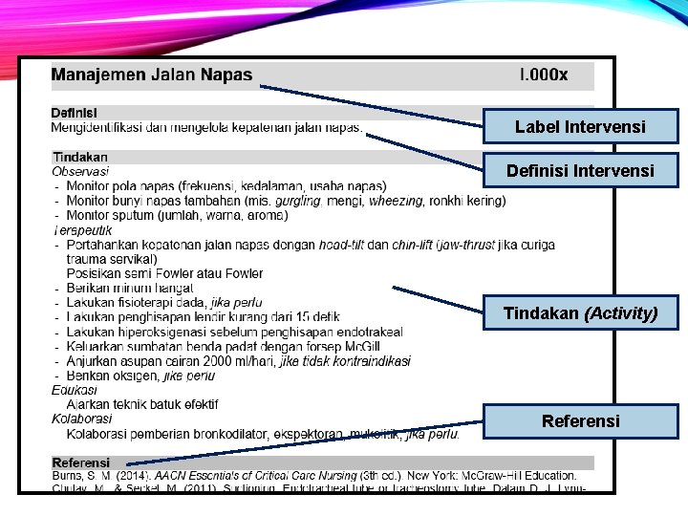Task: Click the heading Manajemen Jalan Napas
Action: pyautogui.click(x=152, y=75)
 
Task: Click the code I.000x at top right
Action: pyautogui.click(x=543, y=75)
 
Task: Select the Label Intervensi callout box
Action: pyautogui.click(x=580, y=126)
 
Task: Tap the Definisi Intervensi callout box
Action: pyautogui.click(x=580, y=171)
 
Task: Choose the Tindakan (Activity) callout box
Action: pyautogui.click(x=580, y=312)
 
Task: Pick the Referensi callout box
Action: pyautogui.click(x=580, y=420)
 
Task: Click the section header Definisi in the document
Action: pyautogui.click(x=75, y=112)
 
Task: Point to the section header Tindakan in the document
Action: pyautogui.click(x=80, y=157)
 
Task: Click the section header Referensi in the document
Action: pyautogui.click(x=81, y=462)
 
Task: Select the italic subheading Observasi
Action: pyautogui.click(x=80, y=171)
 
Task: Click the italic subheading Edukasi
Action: pyautogui.click(x=75, y=390)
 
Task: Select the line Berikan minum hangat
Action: pyautogui.click(x=130, y=288)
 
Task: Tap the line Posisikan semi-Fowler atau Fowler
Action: pyautogui.click(x=164, y=273)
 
